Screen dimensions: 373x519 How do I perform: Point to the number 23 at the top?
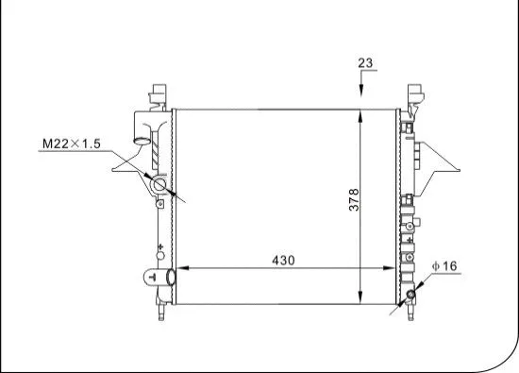(365, 63)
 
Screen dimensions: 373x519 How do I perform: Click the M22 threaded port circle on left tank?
(161, 189)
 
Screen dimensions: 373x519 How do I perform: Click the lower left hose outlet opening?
(170, 278)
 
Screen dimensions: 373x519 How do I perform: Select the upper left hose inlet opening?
(142, 143)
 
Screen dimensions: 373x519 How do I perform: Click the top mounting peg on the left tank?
(159, 94)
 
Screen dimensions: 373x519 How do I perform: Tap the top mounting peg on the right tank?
(414, 94)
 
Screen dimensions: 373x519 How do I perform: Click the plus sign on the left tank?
(161, 246)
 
